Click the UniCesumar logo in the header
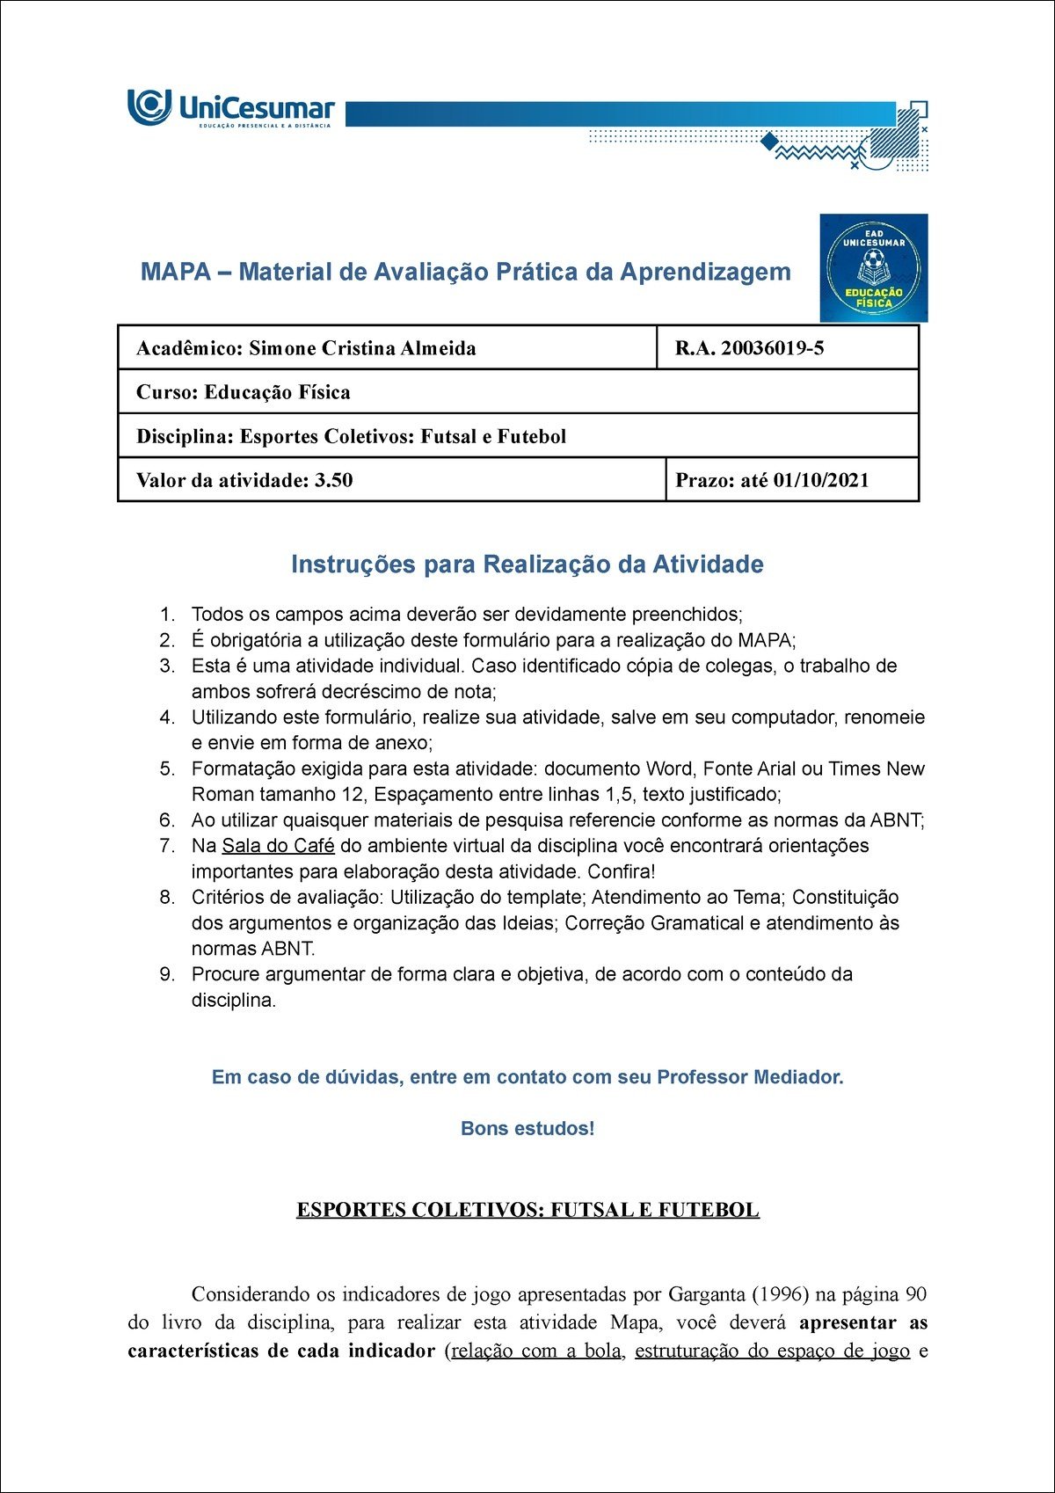point(231,108)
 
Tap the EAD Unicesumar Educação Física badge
point(873,268)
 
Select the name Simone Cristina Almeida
point(362,348)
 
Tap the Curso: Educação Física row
point(244,392)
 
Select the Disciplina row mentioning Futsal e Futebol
point(351,436)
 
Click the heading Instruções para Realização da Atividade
point(527,564)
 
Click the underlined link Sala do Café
point(278,846)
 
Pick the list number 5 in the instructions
point(167,768)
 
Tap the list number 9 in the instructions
point(167,974)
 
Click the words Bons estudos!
point(527,1128)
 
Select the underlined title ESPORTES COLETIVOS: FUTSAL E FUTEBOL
point(527,1210)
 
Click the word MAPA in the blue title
point(175,272)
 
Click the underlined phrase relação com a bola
point(535,1351)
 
